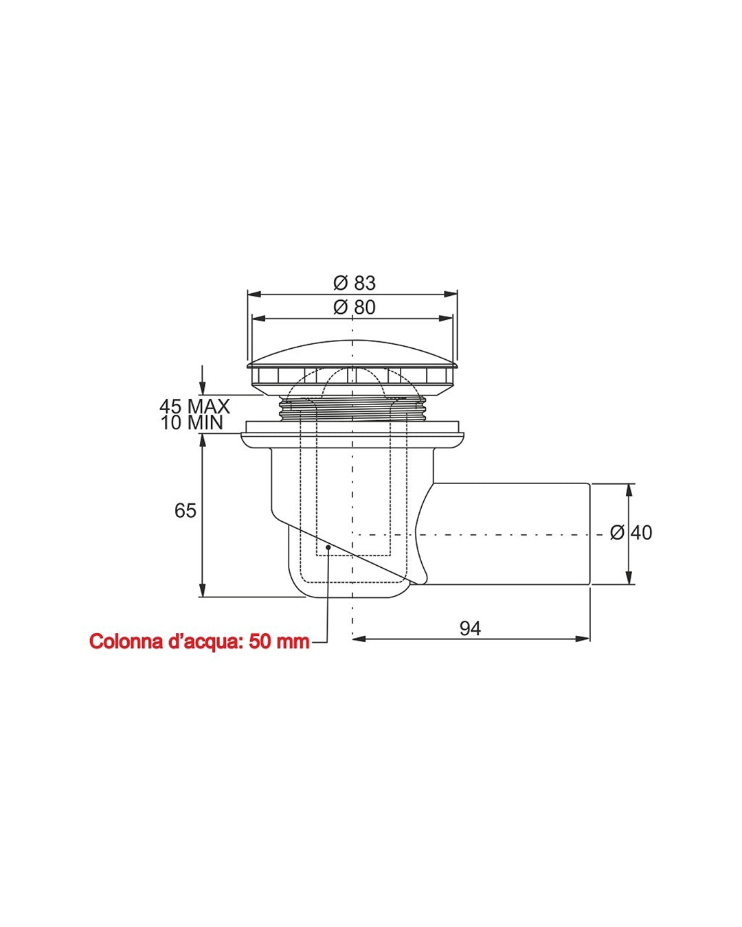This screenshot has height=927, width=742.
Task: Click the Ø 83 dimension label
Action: tap(355, 283)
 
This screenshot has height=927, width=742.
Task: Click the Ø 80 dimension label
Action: tap(355, 307)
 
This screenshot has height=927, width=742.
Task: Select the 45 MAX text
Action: tap(194, 407)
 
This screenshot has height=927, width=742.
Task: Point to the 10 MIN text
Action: tap(192, 422)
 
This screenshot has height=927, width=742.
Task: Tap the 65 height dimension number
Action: tap(185, 510)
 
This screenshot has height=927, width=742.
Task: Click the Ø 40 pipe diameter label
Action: tap(631, 533)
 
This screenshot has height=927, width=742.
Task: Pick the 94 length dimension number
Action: tap(470, 628)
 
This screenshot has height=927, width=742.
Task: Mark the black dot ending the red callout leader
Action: tap(328, 547)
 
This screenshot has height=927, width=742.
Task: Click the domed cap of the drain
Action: tap(352, 356)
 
